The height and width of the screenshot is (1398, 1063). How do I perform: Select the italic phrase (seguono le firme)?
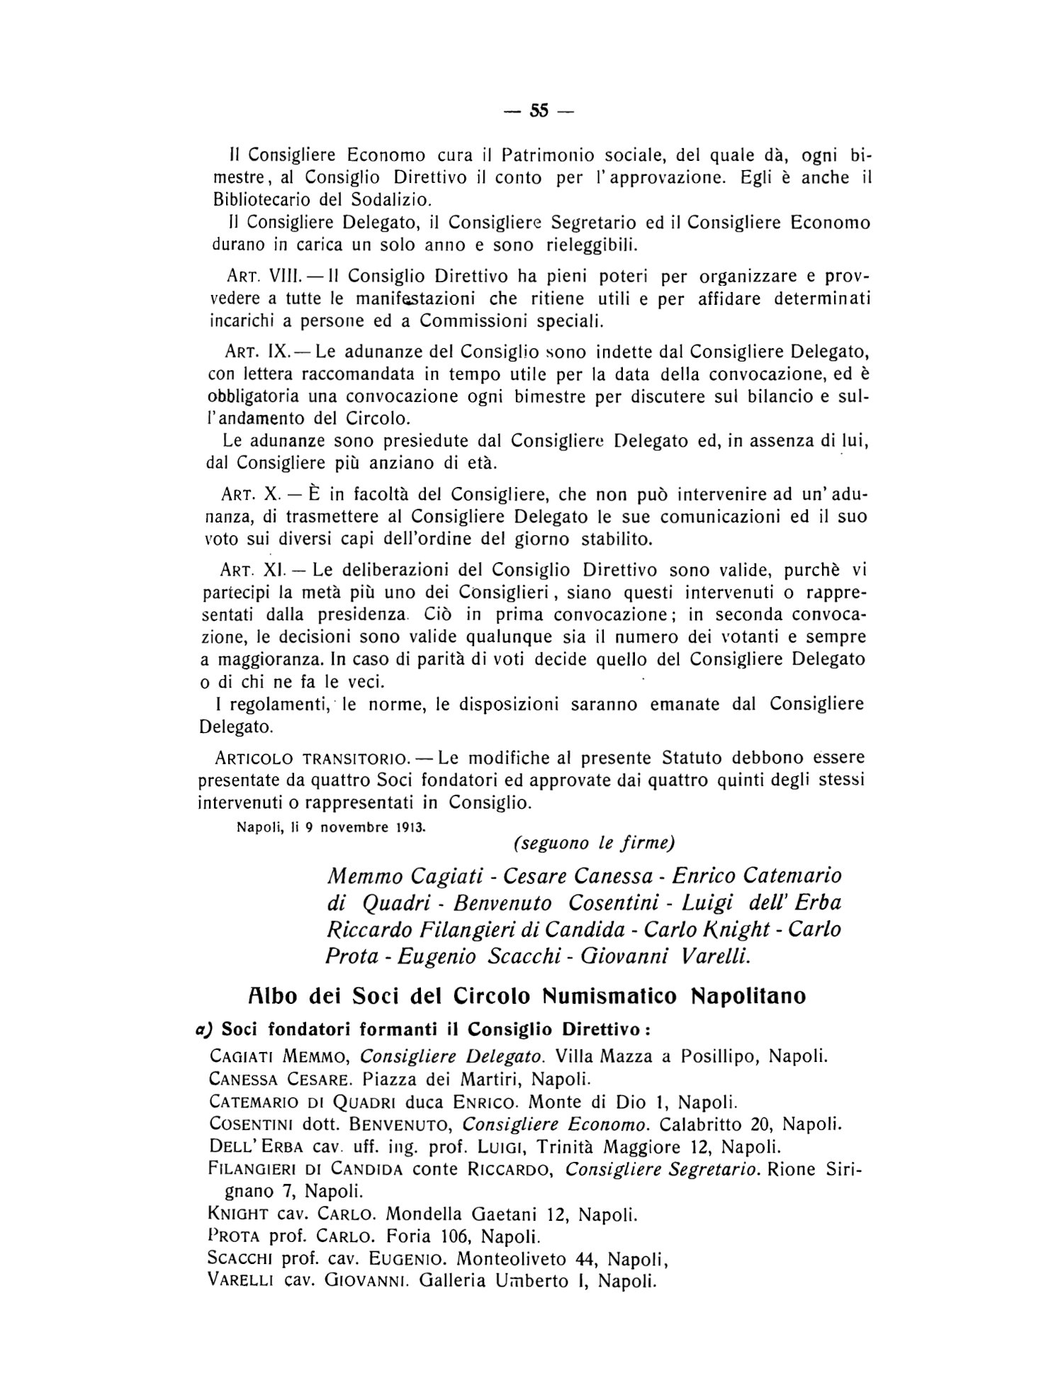(x=592, y=843)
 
